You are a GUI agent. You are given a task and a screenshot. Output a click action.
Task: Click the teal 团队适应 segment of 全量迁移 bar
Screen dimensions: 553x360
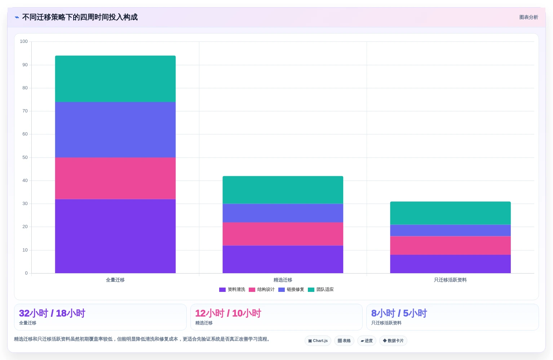pyautogui.click(x=115, y=79)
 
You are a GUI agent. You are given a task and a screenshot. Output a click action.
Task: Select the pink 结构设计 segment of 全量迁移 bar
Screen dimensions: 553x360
pyautogui.click(x=115, y=178)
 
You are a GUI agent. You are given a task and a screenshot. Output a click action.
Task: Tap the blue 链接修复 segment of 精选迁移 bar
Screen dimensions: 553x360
pyautogui.click(x=283, y=213)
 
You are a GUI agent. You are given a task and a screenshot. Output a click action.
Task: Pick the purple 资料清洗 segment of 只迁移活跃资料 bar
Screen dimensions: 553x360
pyautogui.click(x=450, y=264)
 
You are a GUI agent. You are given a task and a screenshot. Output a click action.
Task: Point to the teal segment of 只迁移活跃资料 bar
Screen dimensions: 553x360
pyautogui.click(x=450, y=213)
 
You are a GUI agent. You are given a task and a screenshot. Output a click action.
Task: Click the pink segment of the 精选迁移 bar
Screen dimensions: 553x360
pyautogui.click(x=283, y=234)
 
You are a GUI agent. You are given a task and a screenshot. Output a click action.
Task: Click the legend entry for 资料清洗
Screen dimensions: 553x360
pyautogui.click(x=232, y=289)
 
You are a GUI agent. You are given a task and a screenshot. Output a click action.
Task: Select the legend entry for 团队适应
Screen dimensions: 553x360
pyautogui.click(x=321, y=289)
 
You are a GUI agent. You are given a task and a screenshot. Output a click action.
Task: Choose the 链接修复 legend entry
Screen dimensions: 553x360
pyautogui.click(x=291, y=289)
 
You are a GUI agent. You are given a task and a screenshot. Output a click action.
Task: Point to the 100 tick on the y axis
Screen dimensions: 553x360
pyautogui.click(x=24, y=41)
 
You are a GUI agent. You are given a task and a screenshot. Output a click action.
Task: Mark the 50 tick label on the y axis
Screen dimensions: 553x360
pyautogui.click(x=25, y=157)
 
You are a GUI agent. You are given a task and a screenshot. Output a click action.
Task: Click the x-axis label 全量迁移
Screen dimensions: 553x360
pyautogui.click(x=115, y=280)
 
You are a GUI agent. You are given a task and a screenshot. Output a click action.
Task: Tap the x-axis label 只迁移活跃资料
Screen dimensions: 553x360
pyautogui.click(x=450, y=280)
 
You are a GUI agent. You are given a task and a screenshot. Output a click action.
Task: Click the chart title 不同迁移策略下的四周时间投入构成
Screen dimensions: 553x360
pyautogui.click(x=80, y=17)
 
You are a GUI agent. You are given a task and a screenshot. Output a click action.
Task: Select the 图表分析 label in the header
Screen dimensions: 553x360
pyautogui.click(x=528, y=17)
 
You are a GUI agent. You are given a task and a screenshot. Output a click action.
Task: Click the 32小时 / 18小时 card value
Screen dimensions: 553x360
pyautogui.click(x=52, y=313)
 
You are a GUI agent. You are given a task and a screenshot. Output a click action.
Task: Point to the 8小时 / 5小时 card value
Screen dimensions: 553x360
pyautogui.click(x=399, y=313)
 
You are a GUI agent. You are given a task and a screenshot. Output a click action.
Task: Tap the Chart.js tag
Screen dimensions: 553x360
pyautogui.click(x=318, y=341)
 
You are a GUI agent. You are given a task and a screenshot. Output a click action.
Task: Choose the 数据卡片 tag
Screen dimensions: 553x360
pyautogui.click(x=393, y=341)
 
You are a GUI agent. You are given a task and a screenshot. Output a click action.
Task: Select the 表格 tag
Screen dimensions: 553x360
pyautogui.click(x=344, y=341)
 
